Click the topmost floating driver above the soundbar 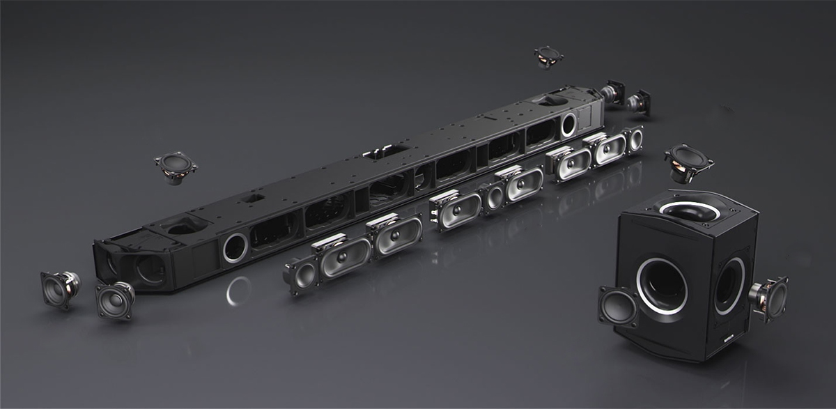[548, 56]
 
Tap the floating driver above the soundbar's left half [175, 167]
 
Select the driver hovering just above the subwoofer [688, 162]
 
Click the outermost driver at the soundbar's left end [59, 288]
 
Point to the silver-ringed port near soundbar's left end [235, 248]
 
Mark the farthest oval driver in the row [609, 149]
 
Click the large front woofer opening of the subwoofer [661, 285]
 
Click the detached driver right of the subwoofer [769, 297]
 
